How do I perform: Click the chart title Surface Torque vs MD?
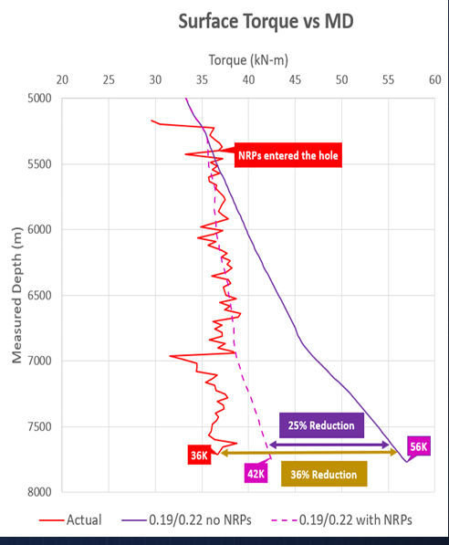tap(266, 22)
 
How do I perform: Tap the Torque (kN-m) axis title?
tap(248, 60)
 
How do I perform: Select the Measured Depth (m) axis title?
tap(16, 295)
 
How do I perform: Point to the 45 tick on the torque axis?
tap(295, 80)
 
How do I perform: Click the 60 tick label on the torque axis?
tap(434, 80)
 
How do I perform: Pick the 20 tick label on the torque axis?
tap(62, 80)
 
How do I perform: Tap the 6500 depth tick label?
tap(39, 296)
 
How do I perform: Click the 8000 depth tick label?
tap(39, 492)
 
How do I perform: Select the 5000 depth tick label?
tap(39, 99)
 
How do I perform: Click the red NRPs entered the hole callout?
tap(288, 155)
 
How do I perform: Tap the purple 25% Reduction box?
tap(321, 425)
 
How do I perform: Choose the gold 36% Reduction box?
tap(324, 474)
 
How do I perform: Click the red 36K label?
tap(199, 455)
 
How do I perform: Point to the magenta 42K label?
tap(256, 474)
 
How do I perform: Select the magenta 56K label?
tap(419, 446)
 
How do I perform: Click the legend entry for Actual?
tap(70, 520)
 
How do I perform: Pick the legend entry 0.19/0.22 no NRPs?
tap(186, 520)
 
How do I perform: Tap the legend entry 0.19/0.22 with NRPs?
tap(341, 520)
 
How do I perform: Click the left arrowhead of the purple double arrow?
tap(273, 445)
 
